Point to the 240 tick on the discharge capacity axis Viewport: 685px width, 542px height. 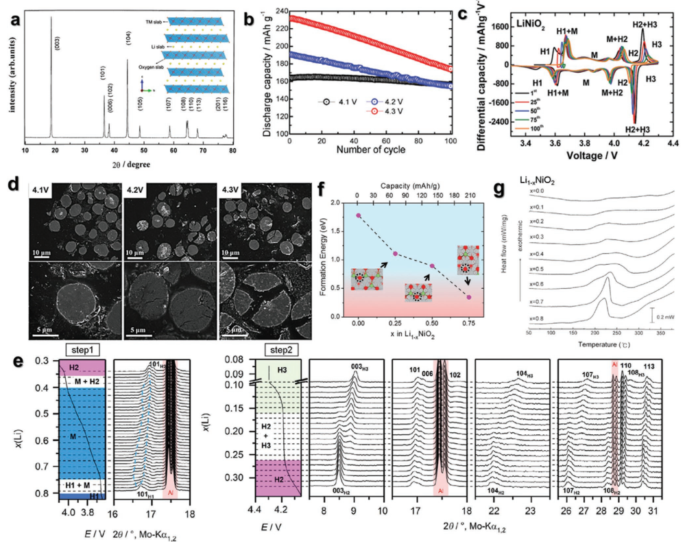coord(281,12)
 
